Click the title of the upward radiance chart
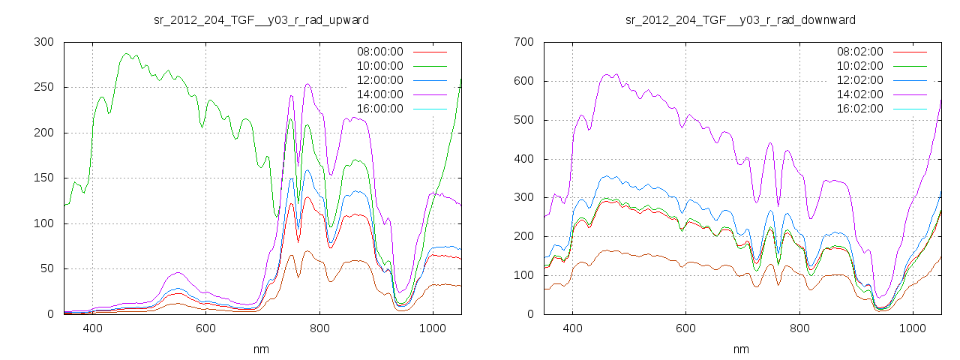point(261,19)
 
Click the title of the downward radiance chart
point(740,19)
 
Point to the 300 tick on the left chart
point(43,42)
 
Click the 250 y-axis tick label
point(43,87)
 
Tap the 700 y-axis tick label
point(523,42)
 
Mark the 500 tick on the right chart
point(523,120)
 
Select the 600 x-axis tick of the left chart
point(205,328)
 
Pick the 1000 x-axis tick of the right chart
point(912,328)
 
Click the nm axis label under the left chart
point(262,349)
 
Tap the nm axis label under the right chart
point(742,349)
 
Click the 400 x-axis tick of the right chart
point(572,328)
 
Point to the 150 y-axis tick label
point(43,178)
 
